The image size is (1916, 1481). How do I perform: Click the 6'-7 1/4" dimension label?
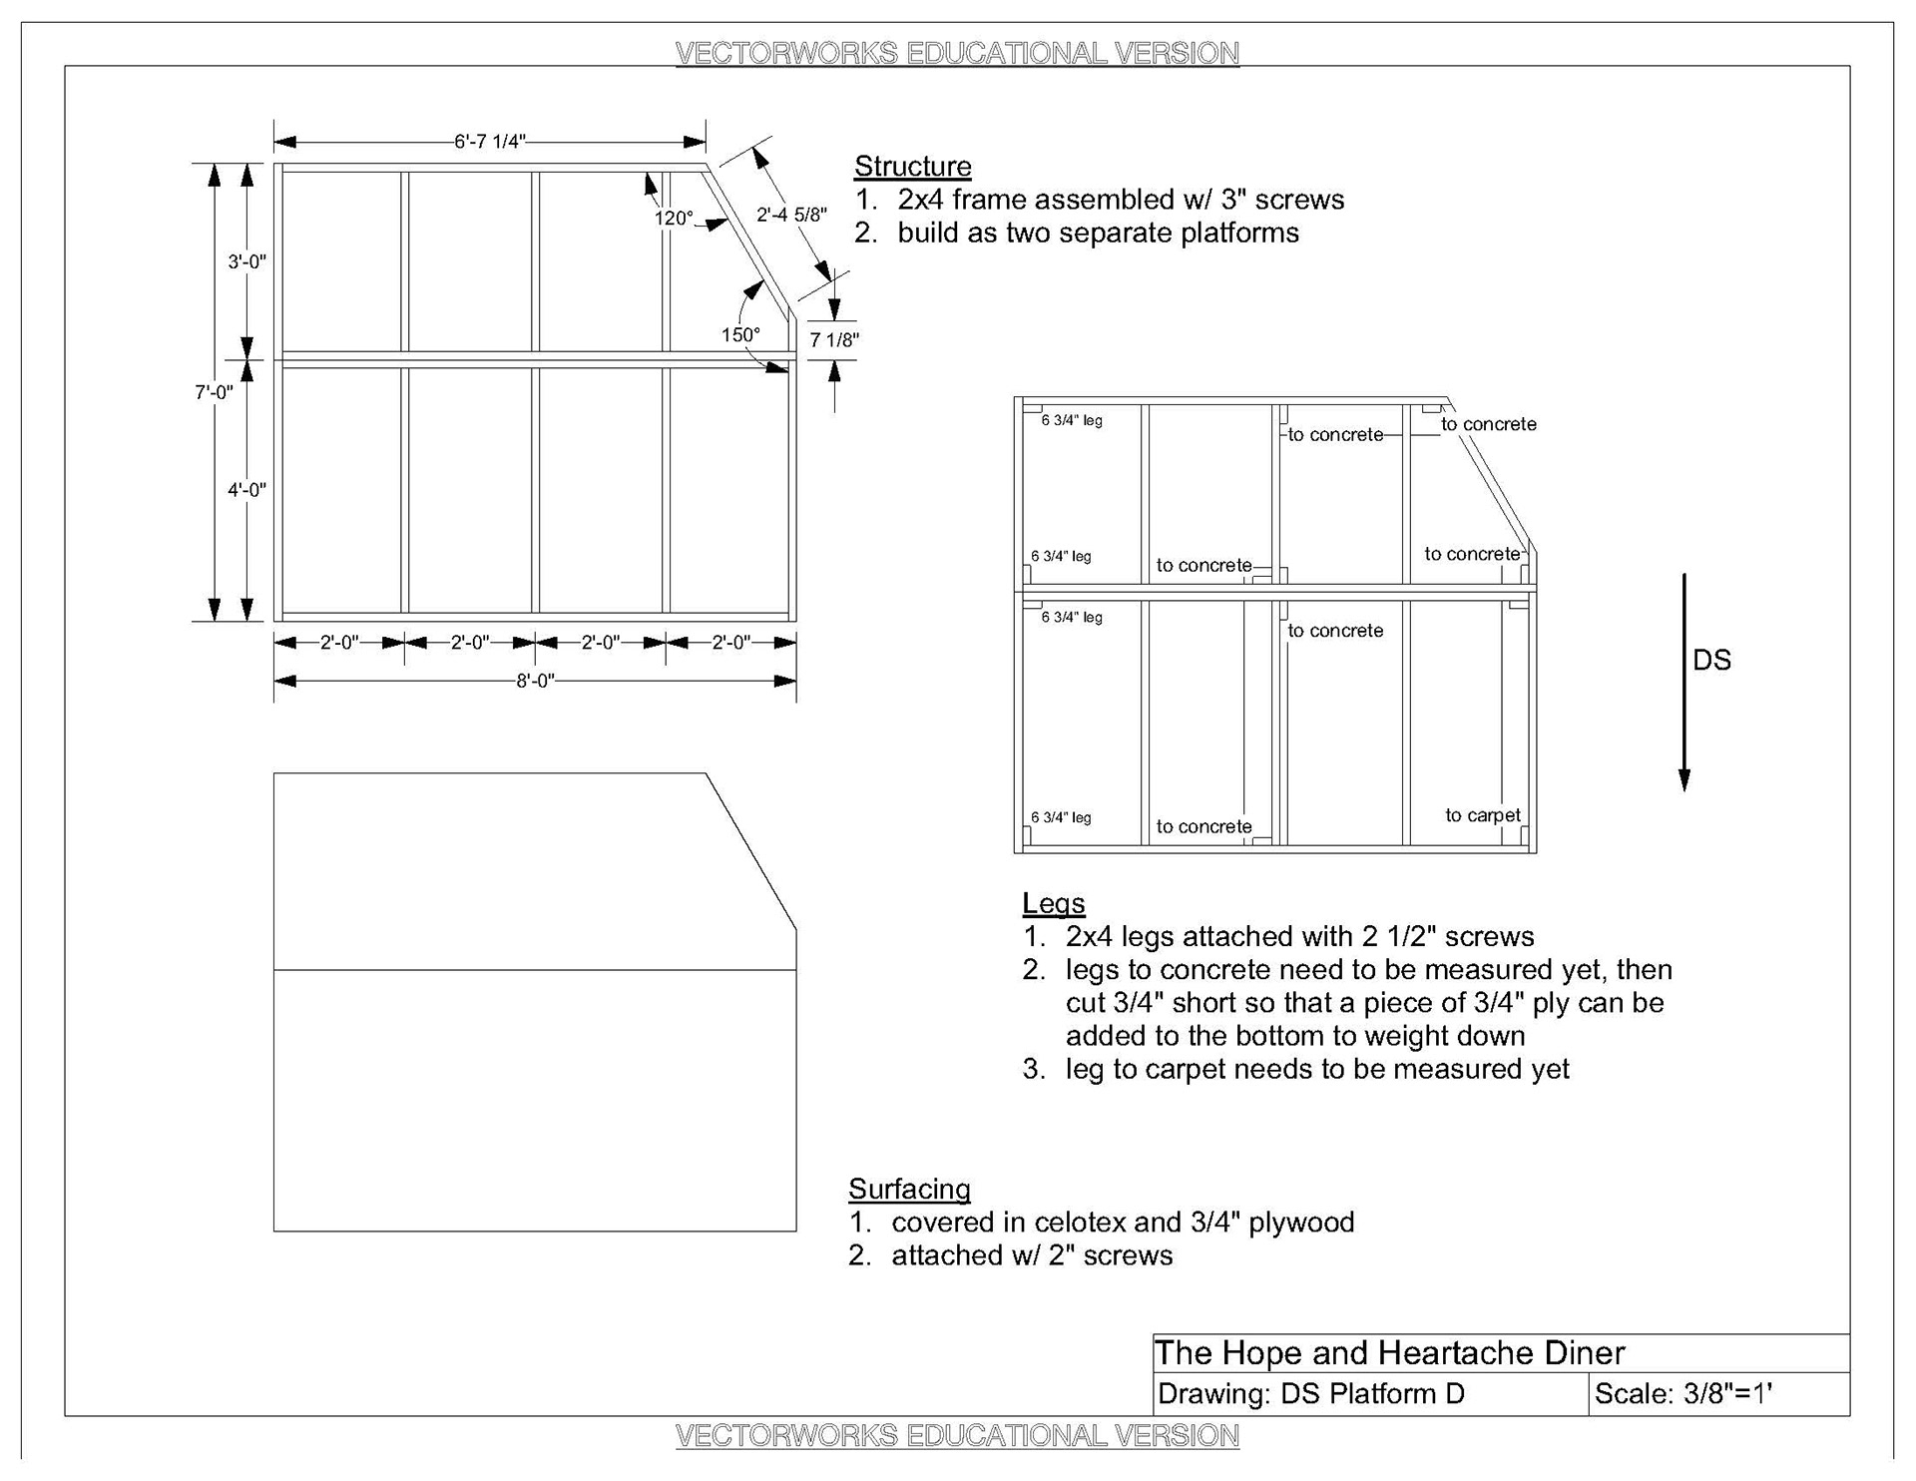[x=489, y=142]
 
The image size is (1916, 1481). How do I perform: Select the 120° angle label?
[x=674, y=218]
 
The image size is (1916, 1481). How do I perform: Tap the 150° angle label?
[x=740, y=334]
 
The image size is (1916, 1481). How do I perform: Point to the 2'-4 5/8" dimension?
[x=791, y=215]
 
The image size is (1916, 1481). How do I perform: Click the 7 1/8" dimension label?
[x=834, y=340]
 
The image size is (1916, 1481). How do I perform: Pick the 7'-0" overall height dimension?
[x=214, y=392]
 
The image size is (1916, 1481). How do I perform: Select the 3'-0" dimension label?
[x=247, y=261]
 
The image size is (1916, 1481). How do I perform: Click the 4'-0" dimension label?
[x=247, y=490]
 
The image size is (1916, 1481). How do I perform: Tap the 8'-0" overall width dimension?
[x=535, y=682]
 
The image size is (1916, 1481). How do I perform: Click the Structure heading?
[x=912, y=167]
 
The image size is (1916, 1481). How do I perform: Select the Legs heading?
[x=1053, y=903]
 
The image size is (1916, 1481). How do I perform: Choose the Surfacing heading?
[x=909, y=1189]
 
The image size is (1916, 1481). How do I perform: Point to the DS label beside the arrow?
[x=1711, y=661]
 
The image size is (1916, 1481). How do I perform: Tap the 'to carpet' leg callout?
[x=1483, y=815]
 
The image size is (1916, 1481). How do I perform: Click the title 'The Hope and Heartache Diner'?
[x=1389, y=1353]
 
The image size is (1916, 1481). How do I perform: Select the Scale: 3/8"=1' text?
[x=1682, y=1394]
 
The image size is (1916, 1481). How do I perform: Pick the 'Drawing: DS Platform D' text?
[x=1310, y=1394]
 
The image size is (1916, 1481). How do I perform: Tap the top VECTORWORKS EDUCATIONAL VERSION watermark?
[x=957, y=53]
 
